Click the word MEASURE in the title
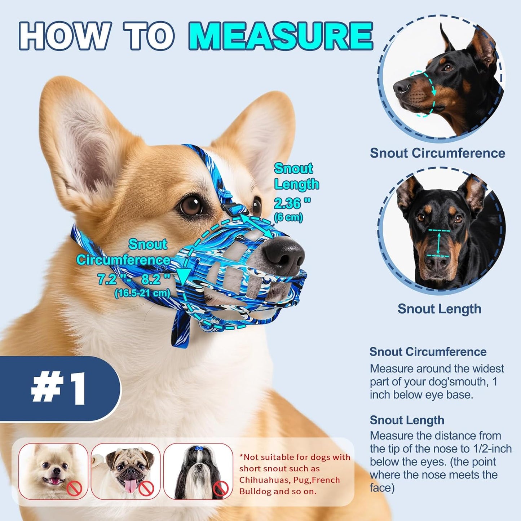click(281, 36)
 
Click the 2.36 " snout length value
click(292, 203)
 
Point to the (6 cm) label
click(288, 217)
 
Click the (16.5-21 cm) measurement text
click(142, 293)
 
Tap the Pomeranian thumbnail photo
click(53, 471)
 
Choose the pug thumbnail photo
click(125, 471)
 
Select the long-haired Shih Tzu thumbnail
click(198, 471)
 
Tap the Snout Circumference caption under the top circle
click(437, 153)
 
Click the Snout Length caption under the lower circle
click(439, 309)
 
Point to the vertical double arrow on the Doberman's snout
click(439, 244)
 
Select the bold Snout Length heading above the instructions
click(407, 420)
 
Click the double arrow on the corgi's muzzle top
click(256, 226)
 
